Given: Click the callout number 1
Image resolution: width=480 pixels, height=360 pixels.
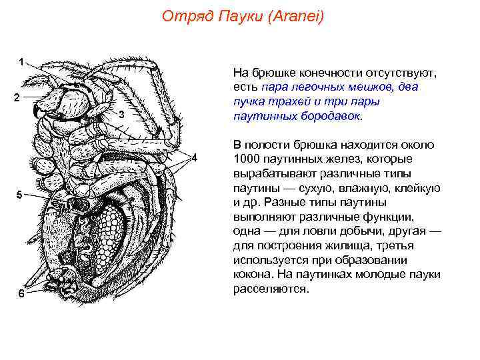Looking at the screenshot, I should tap(22, 62).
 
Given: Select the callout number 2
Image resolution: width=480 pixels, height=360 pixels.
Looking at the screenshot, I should tap(17, 97).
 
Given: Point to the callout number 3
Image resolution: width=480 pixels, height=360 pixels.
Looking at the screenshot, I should tap(121, 115).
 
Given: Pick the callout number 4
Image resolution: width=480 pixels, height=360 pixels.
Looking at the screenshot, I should tap(195, 158).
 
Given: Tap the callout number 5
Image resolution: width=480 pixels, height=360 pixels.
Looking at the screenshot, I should tap(20, 195).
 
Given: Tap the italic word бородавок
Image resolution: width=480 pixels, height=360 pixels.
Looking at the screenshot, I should tap(328, 115).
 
